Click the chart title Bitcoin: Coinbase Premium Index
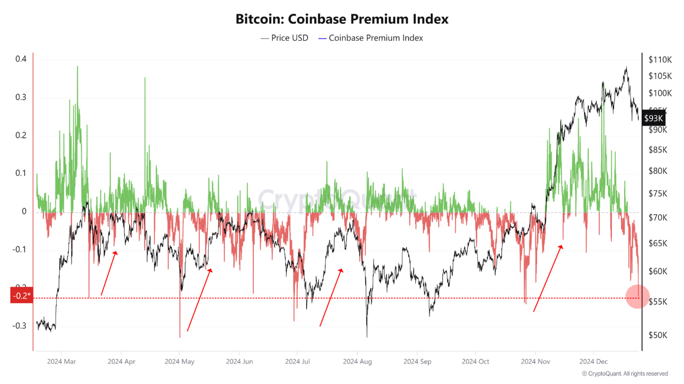click(x=342, y=19)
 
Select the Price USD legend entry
click(x=284, y=38)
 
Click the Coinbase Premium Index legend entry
click(x=370, y=38)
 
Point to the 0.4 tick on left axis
click(x=21, y=59)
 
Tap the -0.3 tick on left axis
click(x=20, y=325)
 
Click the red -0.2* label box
click(x=21, y=295)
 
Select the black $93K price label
click(x=653, y=118)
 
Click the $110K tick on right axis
click(x=659, y=59)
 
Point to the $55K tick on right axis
click(x=657, y=302)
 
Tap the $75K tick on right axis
click(x=657, y=194)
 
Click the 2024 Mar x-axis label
click(x=62, y=362)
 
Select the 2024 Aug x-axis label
click(x=357, y=362)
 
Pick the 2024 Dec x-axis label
click(x=594, y=362)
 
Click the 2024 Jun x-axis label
click(x=239, y=362)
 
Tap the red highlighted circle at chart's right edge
click(x=637, y=296)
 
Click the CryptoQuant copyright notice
click(x=625, y=373)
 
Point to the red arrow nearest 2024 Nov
click(x=548, y=278)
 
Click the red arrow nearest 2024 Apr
click(x=109, y=273)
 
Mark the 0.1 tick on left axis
click(x=21, y=173)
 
